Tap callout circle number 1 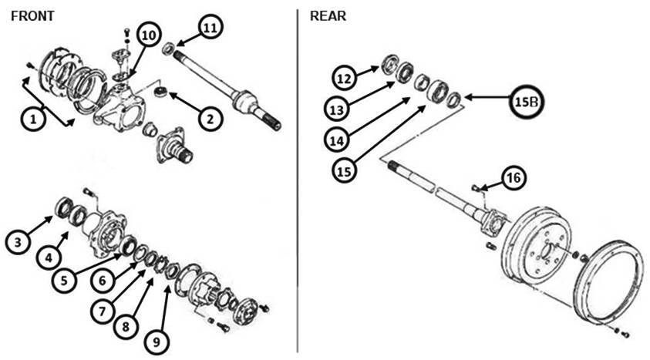pyautogui.click(x=32, y=119)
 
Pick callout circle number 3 pyautogui.click(x=17, y=242)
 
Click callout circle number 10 pyautogui.click(x=150, y=35)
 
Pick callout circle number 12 pyautogui.click(x=345, y=77)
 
